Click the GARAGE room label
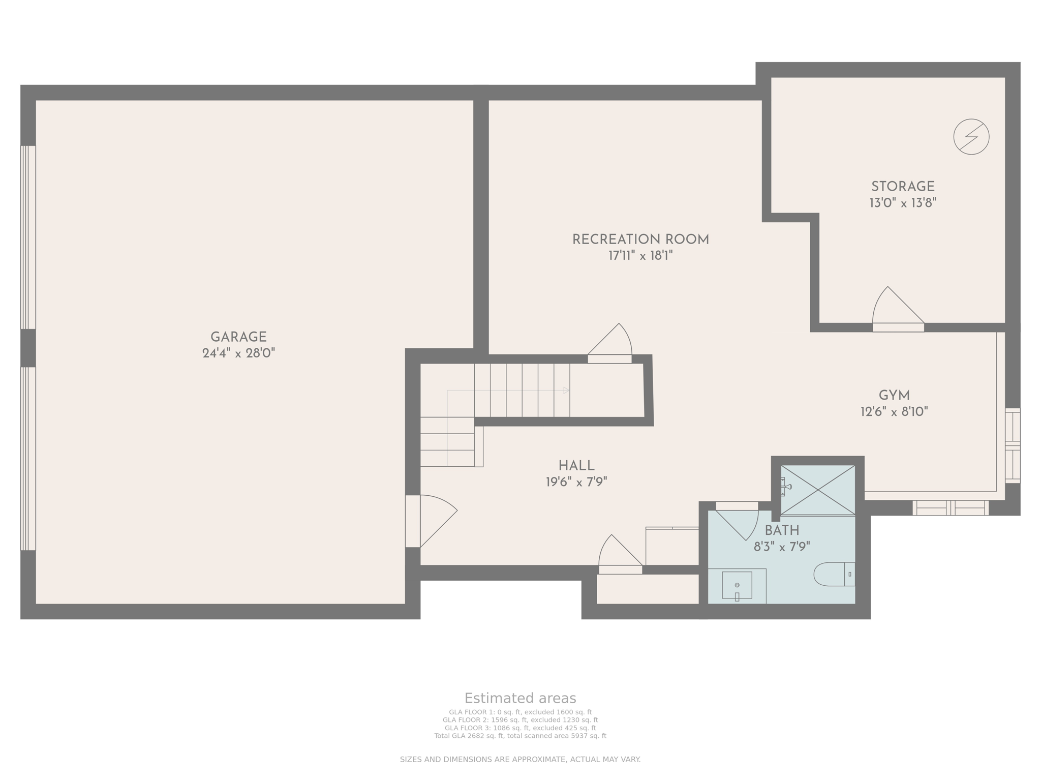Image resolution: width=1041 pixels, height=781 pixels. [x=238, y=337]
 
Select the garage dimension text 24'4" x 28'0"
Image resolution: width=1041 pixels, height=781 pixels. [x=238, y=353]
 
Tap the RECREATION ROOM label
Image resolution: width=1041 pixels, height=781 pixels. [x=640, y=239]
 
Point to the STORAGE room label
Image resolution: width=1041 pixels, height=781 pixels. [x=903, y=187]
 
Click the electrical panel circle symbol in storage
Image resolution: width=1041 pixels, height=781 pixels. [x=971, y=137]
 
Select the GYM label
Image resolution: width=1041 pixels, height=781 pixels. [x=894, y=395]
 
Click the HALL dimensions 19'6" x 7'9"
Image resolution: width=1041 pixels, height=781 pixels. [x=576, y=482]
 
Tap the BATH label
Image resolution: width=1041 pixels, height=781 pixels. [x=782, y=531]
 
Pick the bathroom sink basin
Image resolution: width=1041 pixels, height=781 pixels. [x=737, y=585]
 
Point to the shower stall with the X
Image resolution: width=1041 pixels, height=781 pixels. [x=817, y=490]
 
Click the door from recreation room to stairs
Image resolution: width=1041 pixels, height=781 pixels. [x=613, y=342]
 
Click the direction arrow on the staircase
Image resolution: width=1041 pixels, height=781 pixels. [x=566, y=390]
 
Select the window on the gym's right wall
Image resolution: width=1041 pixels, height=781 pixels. [x=1012, y=445]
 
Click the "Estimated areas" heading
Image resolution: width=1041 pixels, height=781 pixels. [x=520, y=698]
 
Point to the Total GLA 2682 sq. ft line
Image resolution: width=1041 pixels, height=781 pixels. [x=520, y=736]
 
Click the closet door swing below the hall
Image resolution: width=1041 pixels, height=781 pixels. [x=618, y=553]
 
